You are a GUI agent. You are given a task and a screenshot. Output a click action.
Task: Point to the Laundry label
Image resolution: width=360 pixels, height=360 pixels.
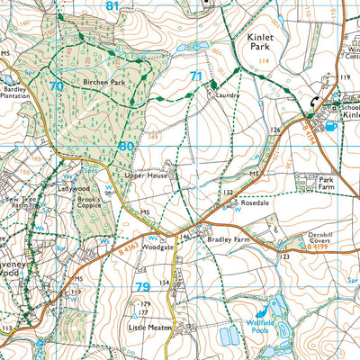tap(229, 94)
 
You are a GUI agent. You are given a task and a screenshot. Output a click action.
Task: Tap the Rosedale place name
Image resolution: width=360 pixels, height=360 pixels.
tap(255, 204)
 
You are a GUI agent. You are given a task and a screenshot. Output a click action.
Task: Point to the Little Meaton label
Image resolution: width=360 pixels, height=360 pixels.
tap(148, 329)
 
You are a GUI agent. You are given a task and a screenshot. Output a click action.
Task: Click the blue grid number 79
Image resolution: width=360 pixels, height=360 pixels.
tap(142, 287)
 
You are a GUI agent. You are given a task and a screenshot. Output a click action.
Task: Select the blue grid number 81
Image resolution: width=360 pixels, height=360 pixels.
tap(112, 6)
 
